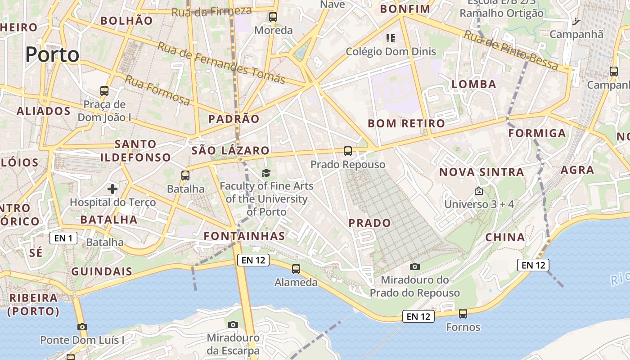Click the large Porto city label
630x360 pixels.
52,55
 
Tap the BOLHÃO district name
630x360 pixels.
126,20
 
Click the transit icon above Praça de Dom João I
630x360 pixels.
104,91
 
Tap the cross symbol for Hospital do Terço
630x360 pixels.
112,189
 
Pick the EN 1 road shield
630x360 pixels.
63,238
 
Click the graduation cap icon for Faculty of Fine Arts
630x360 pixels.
266,173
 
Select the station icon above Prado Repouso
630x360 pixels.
348,151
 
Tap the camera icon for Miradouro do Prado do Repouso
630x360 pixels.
415,267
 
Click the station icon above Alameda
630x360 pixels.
296,269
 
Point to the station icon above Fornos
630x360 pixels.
463,314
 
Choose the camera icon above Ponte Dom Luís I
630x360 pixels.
82,327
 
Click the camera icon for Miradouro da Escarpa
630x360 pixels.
233,324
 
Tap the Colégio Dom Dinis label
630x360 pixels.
391,51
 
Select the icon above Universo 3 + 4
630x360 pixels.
479,191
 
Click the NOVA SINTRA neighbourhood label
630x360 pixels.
481,172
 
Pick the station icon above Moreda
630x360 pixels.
273,18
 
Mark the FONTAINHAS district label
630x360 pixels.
244,236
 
